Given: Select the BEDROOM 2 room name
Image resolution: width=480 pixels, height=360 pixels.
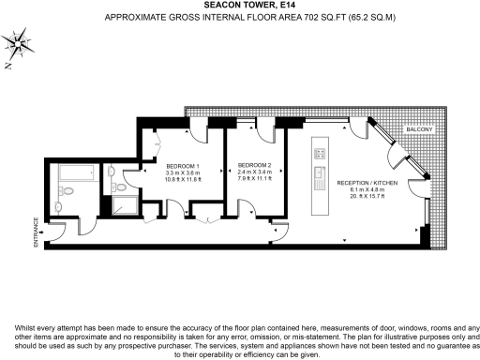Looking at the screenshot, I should coord(255,165).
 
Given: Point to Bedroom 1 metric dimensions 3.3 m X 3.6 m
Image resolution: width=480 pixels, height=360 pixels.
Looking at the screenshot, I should coord(183,172).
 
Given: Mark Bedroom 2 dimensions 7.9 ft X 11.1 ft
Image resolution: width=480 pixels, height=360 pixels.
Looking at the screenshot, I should coord(255,180).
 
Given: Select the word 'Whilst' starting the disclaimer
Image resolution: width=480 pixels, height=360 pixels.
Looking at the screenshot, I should coord(27,327).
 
